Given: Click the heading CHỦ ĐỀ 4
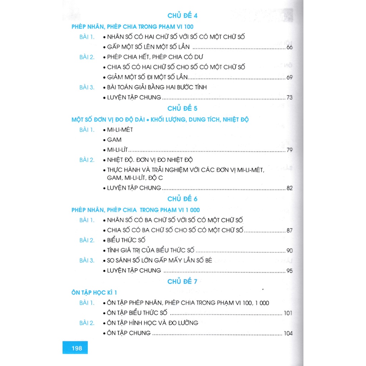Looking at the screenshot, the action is pyautogui.click(x=182, y=16).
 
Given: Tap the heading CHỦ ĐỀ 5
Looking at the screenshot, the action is pyautogui.click(x=182, y=108).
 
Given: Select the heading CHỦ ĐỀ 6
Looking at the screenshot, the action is pyautogui.click(x=182, y=199).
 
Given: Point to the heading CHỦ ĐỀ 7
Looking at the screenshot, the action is pyautogui.click(x=182, y=282).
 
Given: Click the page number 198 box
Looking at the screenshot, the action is pyautogui.click(x=75, y=348).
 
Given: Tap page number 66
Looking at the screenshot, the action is pyautogui.click(x=290, y=47).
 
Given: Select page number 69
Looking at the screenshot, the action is pyautogui.click(x=290, y=77).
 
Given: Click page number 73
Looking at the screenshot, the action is pyautogui.click(x=290, y=98).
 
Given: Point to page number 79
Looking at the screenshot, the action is pyautogui.click(x=290, y=150).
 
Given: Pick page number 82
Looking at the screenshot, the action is pyautogui.click(x=290, y=188).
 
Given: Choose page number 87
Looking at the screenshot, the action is pyautogui.click(x=290, y=231).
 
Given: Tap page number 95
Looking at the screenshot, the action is pyautogui.click(x=290, y=271).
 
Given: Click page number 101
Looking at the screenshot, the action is pyautogui.click(x=288, y=313).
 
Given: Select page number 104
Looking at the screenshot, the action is pyautogui.click(x=288, y=333).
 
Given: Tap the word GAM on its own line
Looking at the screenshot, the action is pyautogui.click(x=114, y=140).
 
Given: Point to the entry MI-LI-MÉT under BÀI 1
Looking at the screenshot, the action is pyautogui.click(x=120, y=130).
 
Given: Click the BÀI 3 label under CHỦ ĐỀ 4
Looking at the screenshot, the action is pyautogui.click(x=87, y=87).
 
